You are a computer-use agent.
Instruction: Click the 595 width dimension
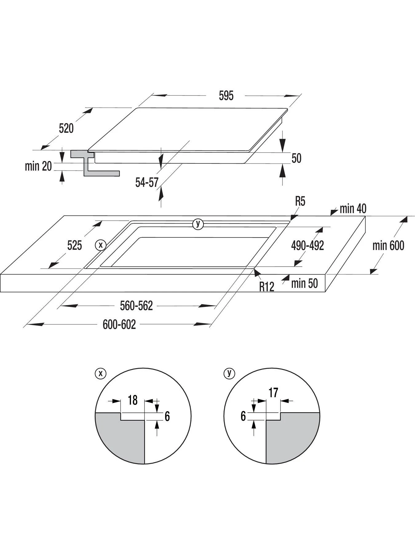(x=226, y=96)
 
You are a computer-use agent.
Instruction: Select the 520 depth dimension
(x=66, y=128)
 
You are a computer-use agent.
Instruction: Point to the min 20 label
(x=38, y=166)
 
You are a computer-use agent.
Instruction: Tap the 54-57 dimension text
(x=147, y=182)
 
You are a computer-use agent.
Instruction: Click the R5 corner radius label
(x=300, y=202)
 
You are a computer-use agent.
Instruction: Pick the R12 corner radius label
(x=267, y=287)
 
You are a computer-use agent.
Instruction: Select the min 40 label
(x=353, y=209)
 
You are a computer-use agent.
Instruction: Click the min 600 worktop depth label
(x=388, y=245)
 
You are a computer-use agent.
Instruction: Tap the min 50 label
(x=304, y=283)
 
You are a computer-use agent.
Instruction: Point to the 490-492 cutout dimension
(x=307, y=245)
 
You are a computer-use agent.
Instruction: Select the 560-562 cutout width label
(x=136, y=306)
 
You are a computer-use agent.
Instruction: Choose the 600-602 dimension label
(x=119, y=324)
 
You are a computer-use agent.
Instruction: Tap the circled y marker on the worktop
(x=198, y=224)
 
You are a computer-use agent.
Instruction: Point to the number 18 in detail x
(x=132, y=400)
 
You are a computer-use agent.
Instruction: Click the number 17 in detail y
(x=273, y=393)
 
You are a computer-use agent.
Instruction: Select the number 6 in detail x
(x=167, y=417)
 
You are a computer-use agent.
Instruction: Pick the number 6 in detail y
(x=243, y=416)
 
